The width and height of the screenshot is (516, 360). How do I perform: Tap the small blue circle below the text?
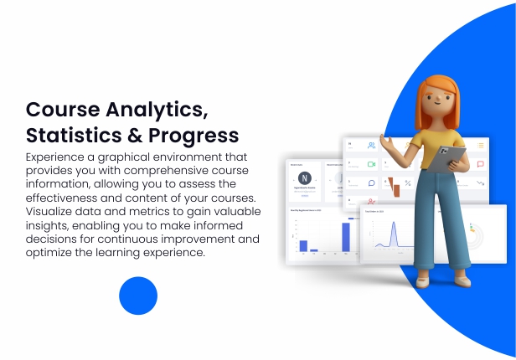coord(138,296)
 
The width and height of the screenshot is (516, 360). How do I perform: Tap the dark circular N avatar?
coord(304,177)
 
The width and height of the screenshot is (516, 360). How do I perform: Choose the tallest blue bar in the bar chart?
coord(345,236)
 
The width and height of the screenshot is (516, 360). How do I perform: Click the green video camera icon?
coord(371,164)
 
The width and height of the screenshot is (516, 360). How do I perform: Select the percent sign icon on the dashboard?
coord(408,183)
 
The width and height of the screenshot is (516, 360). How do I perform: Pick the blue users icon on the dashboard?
coord(370,146)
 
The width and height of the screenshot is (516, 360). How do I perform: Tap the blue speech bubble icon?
coord(370,183)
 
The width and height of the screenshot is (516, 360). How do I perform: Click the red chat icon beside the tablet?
coord(480,164)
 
